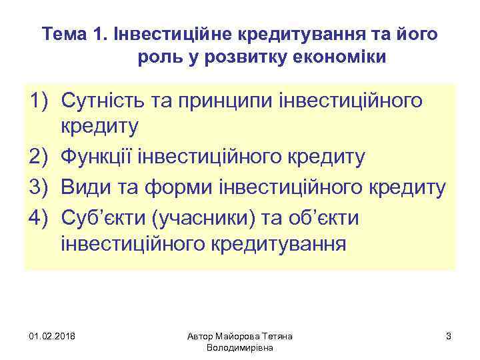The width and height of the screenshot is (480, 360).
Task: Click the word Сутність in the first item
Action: pos(101,101)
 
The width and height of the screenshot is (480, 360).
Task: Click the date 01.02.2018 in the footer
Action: pos(53,335)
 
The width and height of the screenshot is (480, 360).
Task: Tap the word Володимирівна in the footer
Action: pos(240,347)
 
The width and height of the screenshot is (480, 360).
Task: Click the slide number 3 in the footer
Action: pos(449,335)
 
